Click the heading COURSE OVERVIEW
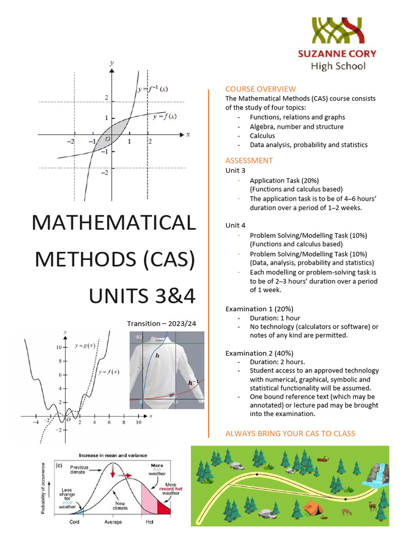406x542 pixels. (x=261, y=89)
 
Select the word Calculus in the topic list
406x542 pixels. (x=263, y=135)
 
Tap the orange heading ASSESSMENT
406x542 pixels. (x=249, y=160)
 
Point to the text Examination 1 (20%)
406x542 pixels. (x=259, y=309)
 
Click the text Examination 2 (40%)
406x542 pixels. (x=259, y=353)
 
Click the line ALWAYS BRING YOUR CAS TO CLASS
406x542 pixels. (x=290, y=433)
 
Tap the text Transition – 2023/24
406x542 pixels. (x=161, y=323)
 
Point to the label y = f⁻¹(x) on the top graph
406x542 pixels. (x=153, y=89)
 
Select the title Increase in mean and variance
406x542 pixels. (x=113, y=455)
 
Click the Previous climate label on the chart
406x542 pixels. (x=79, y=469)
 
